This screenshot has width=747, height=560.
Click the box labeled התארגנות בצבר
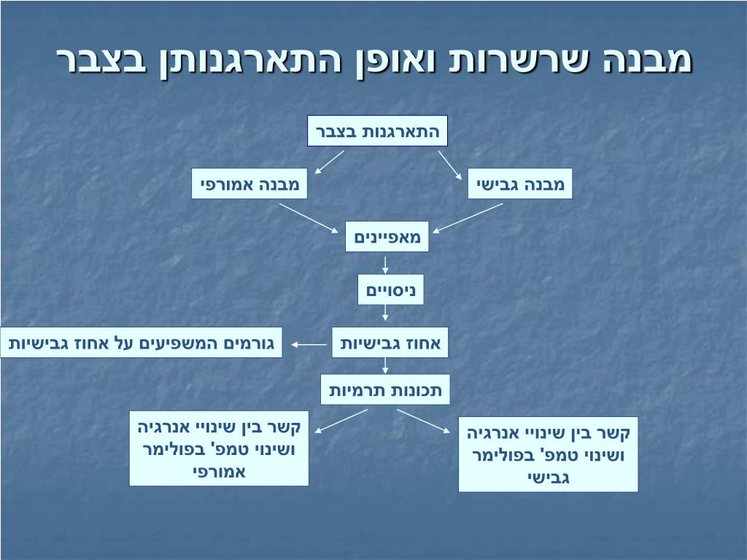pyautogui.click(x=377, y=131)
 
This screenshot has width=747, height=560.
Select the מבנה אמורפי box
pyautogui.click(x=249, y=184)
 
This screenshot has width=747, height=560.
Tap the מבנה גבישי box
pyautogui.click(x=520, y=184)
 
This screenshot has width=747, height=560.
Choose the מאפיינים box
pyautogui.click(x=387, y=236)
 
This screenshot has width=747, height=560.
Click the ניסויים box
pyautogui.click(x=390, y=289)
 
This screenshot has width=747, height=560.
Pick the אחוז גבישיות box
pyautogui.click(x=390, y=343)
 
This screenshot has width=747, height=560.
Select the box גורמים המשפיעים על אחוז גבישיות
pyautogui.click(x=142, y=343)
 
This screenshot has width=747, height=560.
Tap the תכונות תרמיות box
pyautogui.click(x=386, y=389)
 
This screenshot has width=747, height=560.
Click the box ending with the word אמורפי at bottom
pyautogui.click(x=219, y=448)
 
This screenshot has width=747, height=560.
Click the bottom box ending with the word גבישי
pyautogui.click(x=548, y=454)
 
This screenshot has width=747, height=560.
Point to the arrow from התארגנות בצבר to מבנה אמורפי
pyautogui.click(x=329, y=163)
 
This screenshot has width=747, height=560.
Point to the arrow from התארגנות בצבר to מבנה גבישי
pyautogui.click(x=449, y=164)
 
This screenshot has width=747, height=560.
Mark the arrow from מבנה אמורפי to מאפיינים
pyautogui.click(x=310, y=217)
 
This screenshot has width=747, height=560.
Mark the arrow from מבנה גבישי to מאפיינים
pyautogui.click(x=468, y=217)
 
